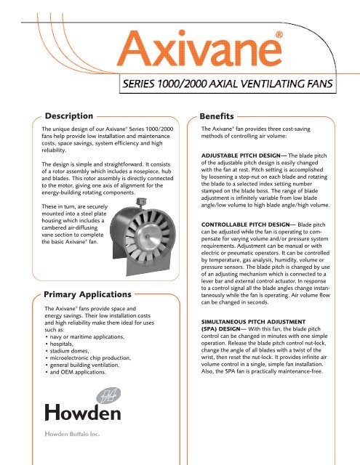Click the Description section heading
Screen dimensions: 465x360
point(68,116)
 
